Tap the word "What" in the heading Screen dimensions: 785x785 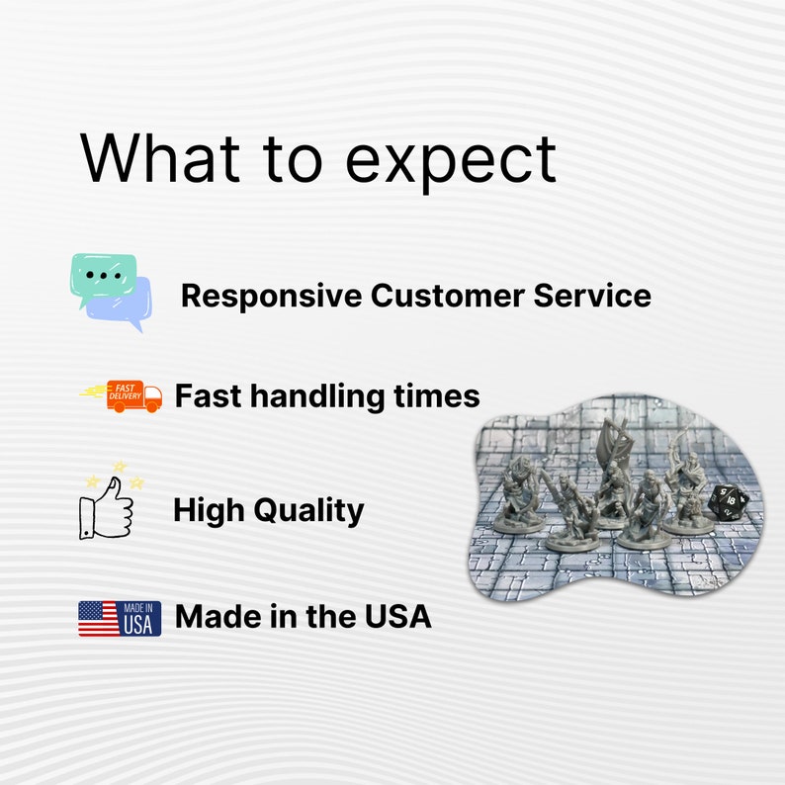point(159,157)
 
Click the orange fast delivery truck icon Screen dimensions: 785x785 point(122,395)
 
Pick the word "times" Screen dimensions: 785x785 point(439,396)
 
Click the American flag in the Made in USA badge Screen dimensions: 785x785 point(98,618)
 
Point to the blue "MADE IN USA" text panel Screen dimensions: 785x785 point(139,618)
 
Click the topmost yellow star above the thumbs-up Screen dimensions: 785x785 point(120,465)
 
